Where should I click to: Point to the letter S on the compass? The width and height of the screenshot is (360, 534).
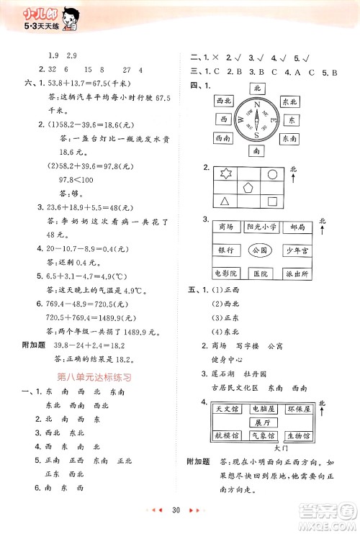click(x=257, y=136)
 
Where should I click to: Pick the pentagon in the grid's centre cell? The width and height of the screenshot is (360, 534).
click(x=249, y=188)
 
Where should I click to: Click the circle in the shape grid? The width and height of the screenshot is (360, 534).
click(x=273, y=174)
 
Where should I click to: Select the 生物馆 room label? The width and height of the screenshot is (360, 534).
click(x=297, y=436)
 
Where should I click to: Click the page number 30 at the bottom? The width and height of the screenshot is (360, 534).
click(x=175, y=512)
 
